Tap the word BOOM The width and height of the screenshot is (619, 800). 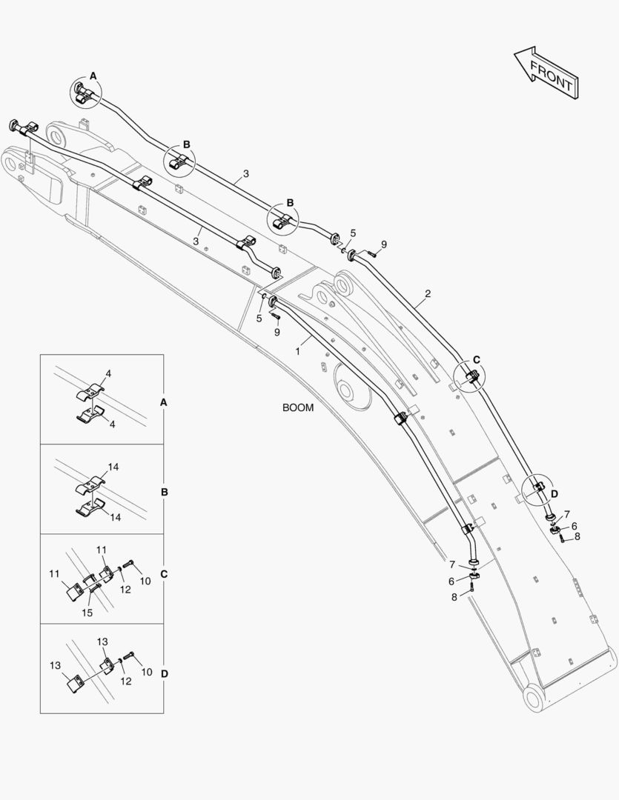tap(297, 407)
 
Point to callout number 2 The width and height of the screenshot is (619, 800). tap(428, 294)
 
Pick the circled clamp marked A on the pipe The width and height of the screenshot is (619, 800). tap(86, 93)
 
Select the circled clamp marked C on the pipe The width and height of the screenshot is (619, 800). tap(470, 378)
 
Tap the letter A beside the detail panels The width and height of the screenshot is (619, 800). tap(164, 401)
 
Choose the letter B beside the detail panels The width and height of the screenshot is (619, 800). tap(164, 492)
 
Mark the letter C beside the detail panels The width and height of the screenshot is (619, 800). tap(164, 574)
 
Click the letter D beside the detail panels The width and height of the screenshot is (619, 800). tap(164, 673)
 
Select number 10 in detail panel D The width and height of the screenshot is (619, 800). tap(147, 672)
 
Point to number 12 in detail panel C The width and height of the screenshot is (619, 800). tap(126, 590)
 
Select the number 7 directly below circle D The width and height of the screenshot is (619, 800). tap(567, 514)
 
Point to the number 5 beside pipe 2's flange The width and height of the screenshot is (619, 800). tap(353, 233)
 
